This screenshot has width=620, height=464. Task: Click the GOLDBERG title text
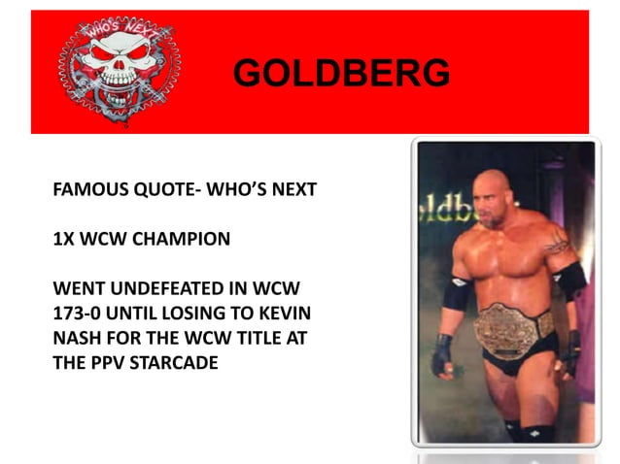[x=342, y=73]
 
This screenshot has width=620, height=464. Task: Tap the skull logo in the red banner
[x=119, y=71]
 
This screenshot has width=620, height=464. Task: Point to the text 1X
[x=64, y=239]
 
